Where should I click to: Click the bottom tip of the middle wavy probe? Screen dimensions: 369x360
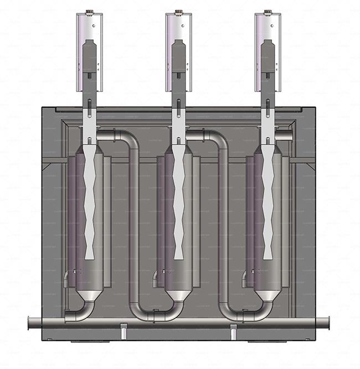[178, 257]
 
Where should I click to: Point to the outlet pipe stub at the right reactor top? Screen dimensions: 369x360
[288, 135]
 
